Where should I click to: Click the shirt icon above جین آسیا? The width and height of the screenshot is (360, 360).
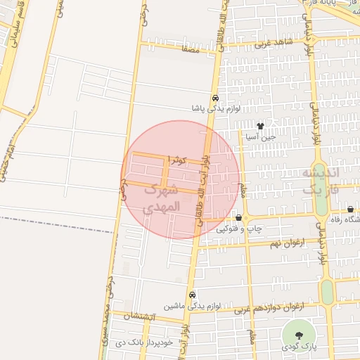coord(261,127)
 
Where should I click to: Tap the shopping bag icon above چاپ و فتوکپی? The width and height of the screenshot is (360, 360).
coord(239,218)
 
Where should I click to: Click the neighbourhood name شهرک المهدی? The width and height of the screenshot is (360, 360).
coord(162,199)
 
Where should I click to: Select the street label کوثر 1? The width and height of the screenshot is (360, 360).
coord(176,161)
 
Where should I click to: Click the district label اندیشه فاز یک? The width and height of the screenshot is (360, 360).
coord(321,181)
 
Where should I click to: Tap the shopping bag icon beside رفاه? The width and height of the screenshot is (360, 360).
coord(350,210)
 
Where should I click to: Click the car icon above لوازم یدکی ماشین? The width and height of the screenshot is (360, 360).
coord(192,295)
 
